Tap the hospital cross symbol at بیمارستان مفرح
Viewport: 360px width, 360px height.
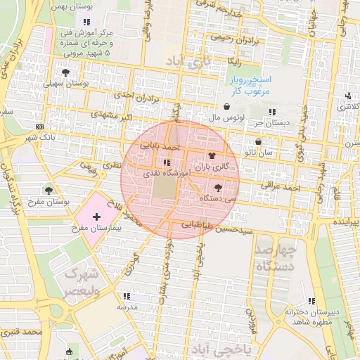coord(96,217)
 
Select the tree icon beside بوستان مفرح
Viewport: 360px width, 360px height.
coord(49,190)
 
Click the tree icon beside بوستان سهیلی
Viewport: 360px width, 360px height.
coord(65,72)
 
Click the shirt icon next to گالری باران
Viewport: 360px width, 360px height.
coord(212,156)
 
